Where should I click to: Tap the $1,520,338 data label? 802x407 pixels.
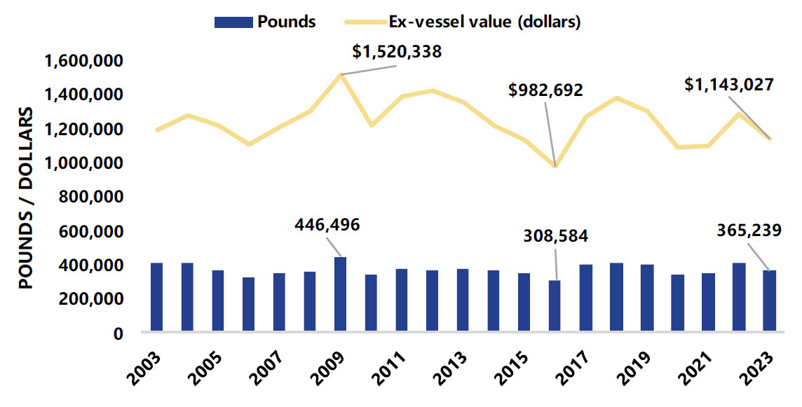tap(397, 50)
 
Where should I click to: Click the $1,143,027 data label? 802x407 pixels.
tap(729, 85)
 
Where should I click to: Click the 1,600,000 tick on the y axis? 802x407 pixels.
tap(85, 61)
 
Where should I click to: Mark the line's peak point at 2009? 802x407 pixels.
tap(341, 74)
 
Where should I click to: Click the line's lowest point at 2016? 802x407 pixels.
tap(556, 166)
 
